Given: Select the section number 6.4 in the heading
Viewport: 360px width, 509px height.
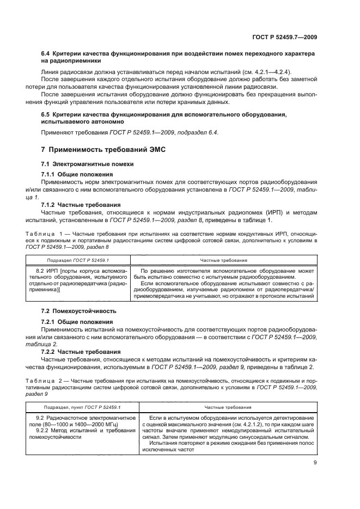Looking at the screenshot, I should pos(47,54).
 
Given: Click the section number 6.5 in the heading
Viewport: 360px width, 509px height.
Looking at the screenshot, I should pos(47,114).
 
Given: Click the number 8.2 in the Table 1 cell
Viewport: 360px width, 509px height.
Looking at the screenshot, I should pos(41,270).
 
